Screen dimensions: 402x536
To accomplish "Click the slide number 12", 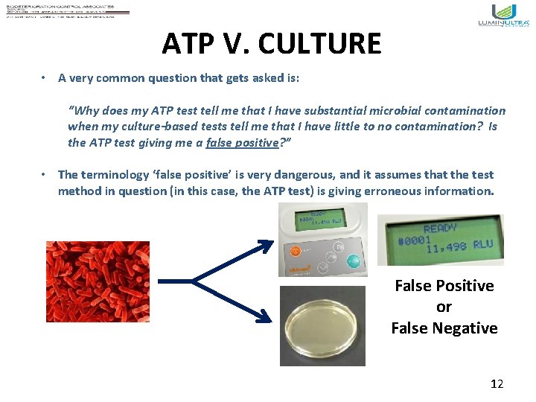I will (497, 383).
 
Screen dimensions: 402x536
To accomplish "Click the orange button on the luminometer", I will (295, 251).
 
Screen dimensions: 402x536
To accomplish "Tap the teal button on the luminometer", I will (354, 261).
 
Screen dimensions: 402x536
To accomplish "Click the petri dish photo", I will (322, 325).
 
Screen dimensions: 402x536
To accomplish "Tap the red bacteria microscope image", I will (98, 281).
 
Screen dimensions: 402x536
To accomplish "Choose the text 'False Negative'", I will (444, 328).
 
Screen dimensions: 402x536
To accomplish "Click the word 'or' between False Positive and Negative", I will (444, 307).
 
